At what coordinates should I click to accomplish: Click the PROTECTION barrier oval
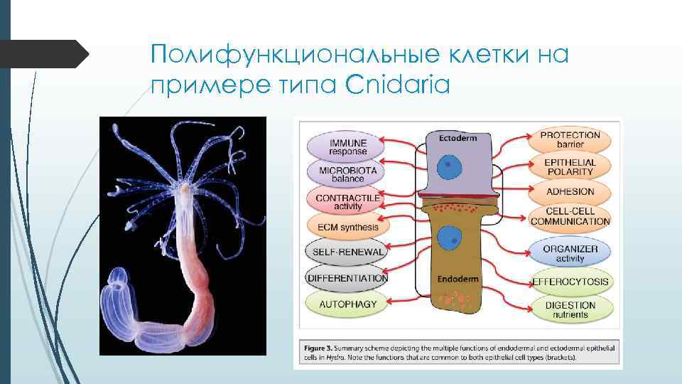(570, 139)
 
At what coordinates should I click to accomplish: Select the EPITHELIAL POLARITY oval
(570, 167)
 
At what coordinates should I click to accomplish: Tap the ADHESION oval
(570, 192)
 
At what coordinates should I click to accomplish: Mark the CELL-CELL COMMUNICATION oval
(570, 217)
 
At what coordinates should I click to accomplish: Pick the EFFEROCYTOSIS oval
(570, 282)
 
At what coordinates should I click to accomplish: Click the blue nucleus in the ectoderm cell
(448, 168)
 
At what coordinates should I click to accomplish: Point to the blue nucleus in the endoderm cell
(448, 239)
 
